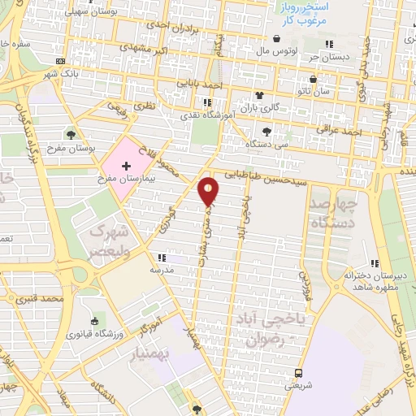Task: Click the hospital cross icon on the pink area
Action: pyautogui.click(x=126, y=166)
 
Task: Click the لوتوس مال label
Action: pyautogui.click(x=279, y=50)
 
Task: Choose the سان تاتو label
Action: pyautogui.click(x=313, y=93)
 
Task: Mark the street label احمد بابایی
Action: pyautogui.click(x=201, y=84)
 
